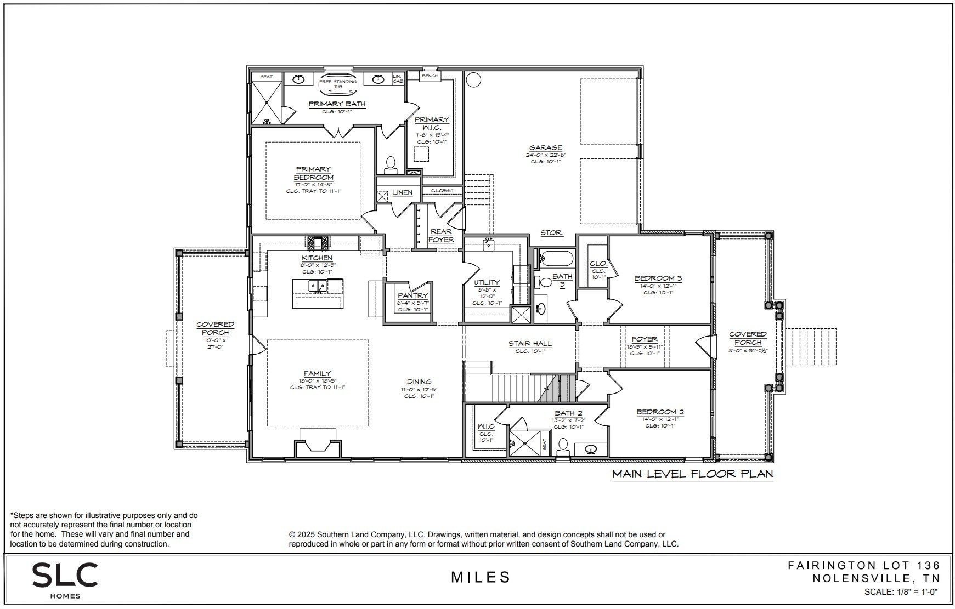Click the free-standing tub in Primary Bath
tap(338, 83)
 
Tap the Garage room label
tap(545, 147)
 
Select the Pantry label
tap(412, 296)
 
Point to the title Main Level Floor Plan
tap(692, 474)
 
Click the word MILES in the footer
tap(481, 577)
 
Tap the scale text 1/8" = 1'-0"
tap(901, 592)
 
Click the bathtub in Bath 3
tap(556, 258)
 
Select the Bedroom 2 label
tap(660, 412)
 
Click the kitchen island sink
tap(318, 286)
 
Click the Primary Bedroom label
tap(313, 173)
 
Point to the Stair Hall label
tap(530, 344)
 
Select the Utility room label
tap(487, 283)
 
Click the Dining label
tap(419, 382)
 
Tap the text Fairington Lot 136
tap(864, 565)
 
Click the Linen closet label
tap(402, 193)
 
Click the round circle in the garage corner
tap(473, 80)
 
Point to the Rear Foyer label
tap(441, 236)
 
